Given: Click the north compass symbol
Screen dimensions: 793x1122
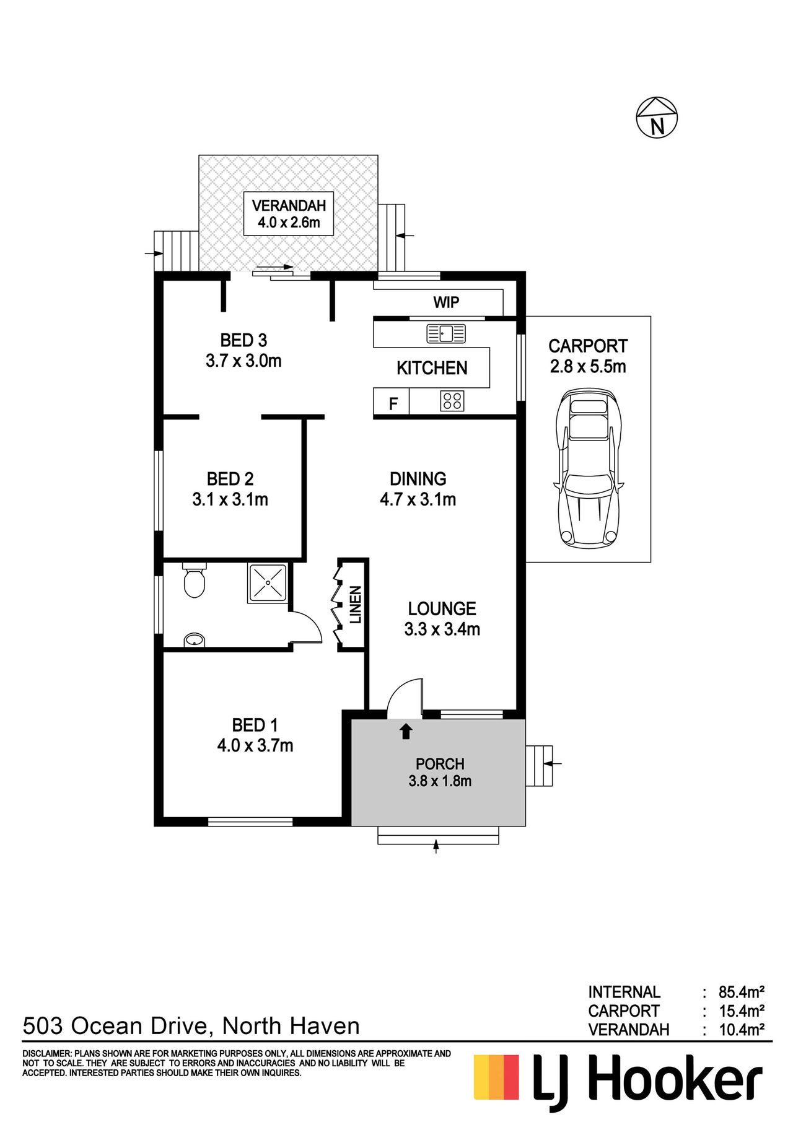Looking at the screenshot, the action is (x=657, y=118).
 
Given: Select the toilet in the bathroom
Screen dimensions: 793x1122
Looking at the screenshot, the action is (x=195, y=580).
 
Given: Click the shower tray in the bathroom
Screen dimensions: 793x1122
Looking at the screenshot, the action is (x=268, y=583).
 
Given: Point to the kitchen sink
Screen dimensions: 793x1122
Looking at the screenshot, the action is (x=445, y=334).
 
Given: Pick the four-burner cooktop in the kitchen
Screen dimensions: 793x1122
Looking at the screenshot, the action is (x=452, y=401).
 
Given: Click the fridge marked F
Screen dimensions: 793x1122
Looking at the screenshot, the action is (x=393, y=404).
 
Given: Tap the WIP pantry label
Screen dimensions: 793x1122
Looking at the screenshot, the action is (x=446, y=302).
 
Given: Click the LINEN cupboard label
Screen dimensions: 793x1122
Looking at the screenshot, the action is (x=356, y=605).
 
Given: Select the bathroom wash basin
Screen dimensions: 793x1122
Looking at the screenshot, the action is (x=195, y=640).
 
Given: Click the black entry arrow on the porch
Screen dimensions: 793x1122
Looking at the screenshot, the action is (x=406, y=731).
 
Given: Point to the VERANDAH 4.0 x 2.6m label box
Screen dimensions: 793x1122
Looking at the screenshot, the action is (x=289, y=214).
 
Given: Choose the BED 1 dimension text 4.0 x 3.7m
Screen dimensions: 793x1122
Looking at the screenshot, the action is (x=255, y=745).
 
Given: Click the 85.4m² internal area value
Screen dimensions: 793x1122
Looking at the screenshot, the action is (x=741, y=992).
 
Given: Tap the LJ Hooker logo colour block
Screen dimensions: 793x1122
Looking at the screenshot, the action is (x=496, y=1077).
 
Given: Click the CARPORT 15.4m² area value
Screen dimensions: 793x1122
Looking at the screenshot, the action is (x=741, y=1011).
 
